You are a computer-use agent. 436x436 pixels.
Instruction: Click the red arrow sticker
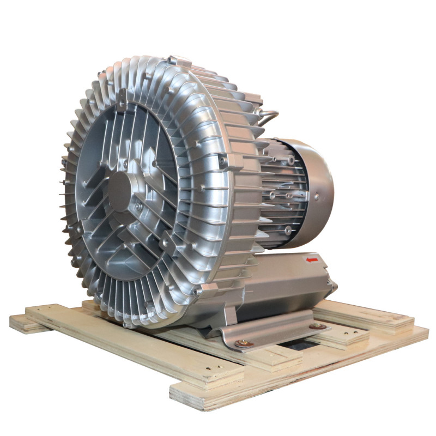(311, 261)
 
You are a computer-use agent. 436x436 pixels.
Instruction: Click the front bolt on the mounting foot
(242, 343)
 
